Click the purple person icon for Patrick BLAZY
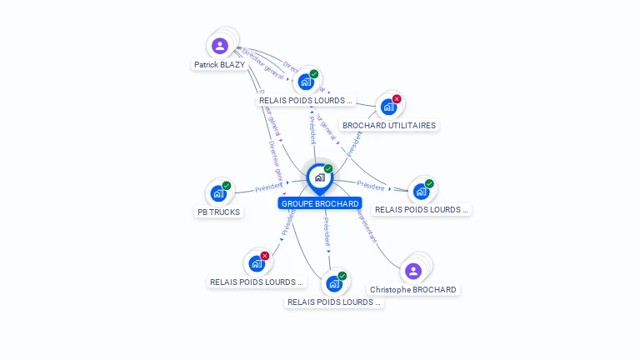219,45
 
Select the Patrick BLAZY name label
219,64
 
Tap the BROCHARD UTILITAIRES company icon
388,107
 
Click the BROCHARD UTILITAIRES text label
388,126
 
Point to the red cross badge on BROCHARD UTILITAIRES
397,99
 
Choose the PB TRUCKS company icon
218,193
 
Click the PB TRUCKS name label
218,212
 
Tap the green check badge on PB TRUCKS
227,186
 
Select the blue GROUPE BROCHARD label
320,203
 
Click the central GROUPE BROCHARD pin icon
319,177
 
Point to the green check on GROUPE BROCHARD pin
328,169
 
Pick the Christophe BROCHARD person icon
413,271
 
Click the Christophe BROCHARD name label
413,290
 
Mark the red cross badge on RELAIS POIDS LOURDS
265,256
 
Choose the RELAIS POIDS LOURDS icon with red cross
257,263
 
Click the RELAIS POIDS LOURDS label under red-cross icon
257,282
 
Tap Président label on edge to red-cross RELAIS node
287,221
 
